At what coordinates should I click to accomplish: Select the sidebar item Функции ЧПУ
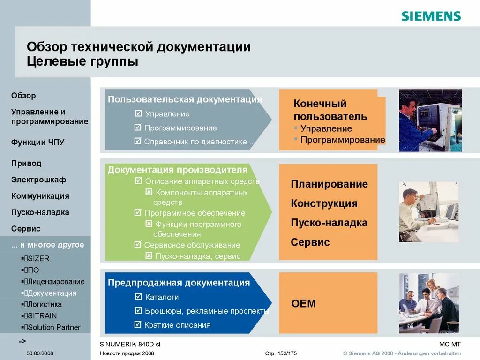(37, 142)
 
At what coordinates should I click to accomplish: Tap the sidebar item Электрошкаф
(38, 180)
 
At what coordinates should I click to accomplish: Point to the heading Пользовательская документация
(185, 99)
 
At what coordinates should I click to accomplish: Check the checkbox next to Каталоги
(138, 297)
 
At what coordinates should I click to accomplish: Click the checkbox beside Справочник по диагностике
(138, 141)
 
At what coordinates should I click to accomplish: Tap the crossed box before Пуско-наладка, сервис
(149, 256)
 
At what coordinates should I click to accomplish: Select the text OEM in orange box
(304, 303)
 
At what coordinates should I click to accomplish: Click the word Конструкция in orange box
(324, 203)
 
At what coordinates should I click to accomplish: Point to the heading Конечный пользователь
(330, 110)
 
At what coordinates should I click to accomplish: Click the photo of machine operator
(430, 120)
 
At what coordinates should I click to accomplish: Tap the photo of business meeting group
(428, 303)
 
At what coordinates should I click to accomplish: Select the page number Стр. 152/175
(281, 353)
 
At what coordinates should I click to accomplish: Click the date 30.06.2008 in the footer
(40, 353)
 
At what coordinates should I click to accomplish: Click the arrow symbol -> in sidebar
(22, 340)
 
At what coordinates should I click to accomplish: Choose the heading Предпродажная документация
(179, 283)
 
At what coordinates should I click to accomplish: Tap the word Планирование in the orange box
(329, 184)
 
